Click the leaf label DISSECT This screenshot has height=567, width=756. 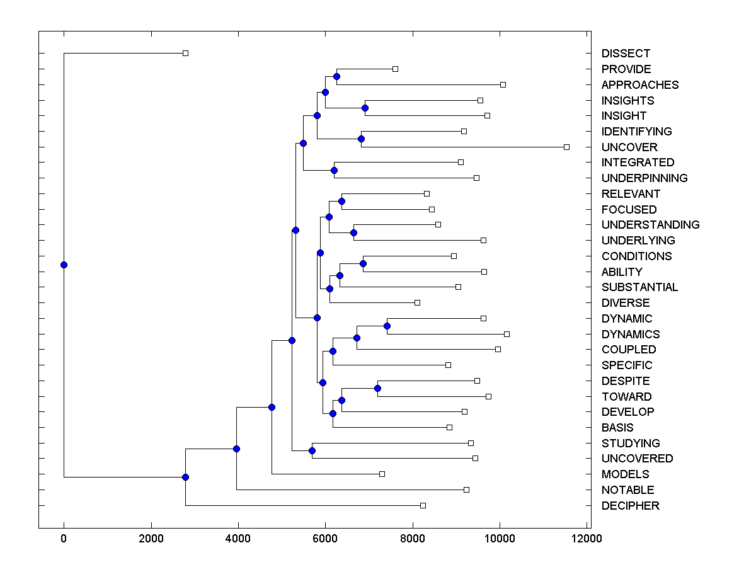point(626,54)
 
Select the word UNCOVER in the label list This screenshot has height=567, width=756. point(629,147)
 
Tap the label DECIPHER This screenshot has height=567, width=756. point(631,506)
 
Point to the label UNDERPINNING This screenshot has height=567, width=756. point(644,178)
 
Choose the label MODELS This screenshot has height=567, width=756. point(625,474)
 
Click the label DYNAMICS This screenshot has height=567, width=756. point(631,335)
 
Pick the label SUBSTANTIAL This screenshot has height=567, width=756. point(639,287)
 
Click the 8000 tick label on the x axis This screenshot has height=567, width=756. point(413,539)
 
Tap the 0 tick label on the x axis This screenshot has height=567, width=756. point(64,539)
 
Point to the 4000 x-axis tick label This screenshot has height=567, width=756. point(238,539)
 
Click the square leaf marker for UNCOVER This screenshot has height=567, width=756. point(566,147)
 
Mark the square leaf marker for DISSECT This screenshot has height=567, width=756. point(185,53)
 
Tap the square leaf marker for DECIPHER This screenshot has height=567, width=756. point(423,505)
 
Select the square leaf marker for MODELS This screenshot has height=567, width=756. point(382,474)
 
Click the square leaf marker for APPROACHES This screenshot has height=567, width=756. point(503,84)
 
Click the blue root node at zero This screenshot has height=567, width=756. point(64,265)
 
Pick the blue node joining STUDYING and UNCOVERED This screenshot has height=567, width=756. point(312,450)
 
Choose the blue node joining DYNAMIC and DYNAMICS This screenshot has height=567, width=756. point(387,326)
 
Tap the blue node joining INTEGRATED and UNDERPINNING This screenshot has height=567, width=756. point(334,170)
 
